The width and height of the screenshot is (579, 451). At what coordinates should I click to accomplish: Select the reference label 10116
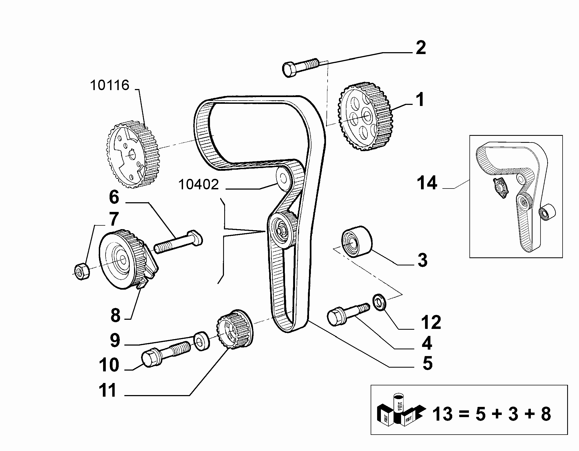coord(110,85)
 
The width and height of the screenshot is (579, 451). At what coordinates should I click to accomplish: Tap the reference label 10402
coord(198,185)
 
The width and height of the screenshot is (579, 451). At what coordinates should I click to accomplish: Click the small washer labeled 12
coord(380,302)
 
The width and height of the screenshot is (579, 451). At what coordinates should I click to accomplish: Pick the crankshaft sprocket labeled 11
coord(234,329)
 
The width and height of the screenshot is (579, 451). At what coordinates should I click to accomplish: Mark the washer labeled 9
coord(202,341)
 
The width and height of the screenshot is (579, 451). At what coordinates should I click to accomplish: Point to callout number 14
coord(427,183)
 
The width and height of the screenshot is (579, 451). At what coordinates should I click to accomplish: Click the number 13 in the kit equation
coord(443,414)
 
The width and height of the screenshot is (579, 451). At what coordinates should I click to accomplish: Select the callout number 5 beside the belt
coord(427,363)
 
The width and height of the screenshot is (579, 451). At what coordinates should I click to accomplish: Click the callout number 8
coord(115,315)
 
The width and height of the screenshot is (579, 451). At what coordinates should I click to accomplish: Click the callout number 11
coord(108,390)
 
